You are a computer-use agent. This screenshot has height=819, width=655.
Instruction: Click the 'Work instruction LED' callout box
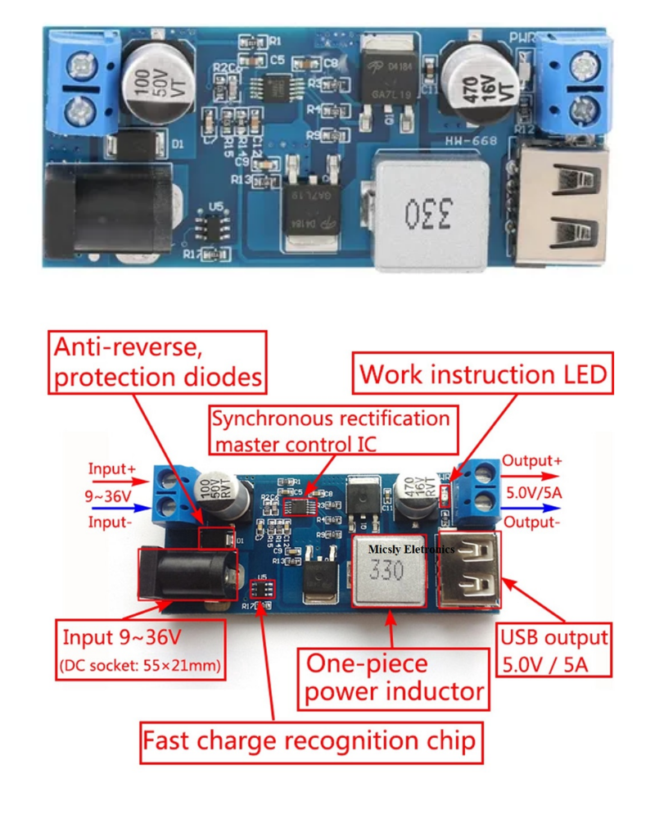[483, 374]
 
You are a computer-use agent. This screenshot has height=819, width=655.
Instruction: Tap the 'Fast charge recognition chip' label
[309, 742]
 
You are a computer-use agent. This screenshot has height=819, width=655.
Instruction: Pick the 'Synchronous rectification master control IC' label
[332, 430]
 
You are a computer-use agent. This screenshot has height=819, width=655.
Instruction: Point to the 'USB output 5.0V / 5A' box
[554, 649]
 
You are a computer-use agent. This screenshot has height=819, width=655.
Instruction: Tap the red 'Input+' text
[113, 469]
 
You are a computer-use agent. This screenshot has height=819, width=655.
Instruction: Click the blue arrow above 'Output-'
[532, 506]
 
